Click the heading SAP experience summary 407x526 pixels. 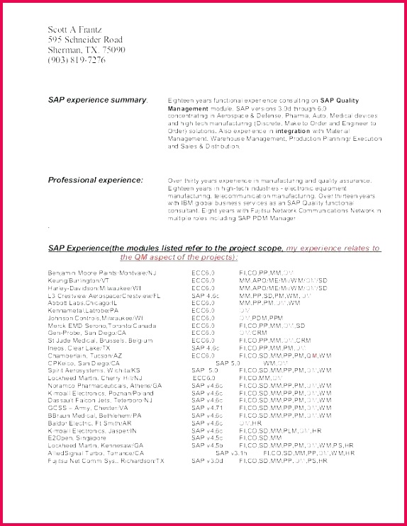click(97, 100)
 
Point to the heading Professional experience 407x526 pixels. click(95, 180)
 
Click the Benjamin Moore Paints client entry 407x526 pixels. click(102, 272)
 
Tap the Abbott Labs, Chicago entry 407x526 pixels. click(85, 302)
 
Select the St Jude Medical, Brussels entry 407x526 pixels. click(100, 341)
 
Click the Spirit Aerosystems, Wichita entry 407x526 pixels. click(94, 370)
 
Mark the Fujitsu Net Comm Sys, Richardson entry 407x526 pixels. click(106, 460)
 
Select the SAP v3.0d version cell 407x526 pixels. click(207, 460)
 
